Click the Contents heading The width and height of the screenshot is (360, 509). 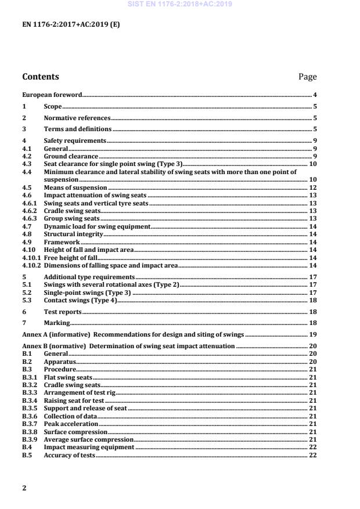(40, 77)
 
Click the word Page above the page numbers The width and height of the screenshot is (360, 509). (307, 77)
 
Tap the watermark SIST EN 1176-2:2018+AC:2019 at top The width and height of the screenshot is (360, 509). (180, 4)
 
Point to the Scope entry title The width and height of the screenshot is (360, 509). (53, 107)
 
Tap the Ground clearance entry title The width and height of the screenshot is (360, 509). (70, 157)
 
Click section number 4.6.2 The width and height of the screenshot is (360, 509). (29, 211)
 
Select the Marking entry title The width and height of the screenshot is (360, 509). (57, 323)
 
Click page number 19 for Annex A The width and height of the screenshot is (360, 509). (312, 335)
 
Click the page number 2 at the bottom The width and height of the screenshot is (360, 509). (24, 488)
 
